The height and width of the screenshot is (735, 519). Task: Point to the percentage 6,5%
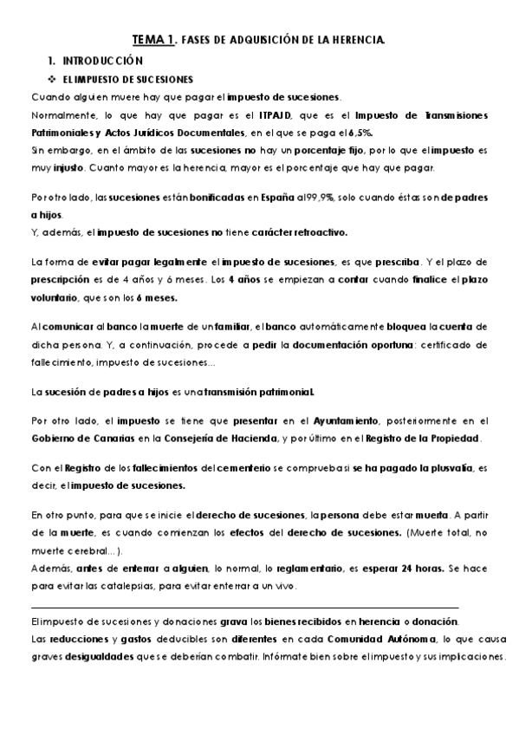tap(360, 133)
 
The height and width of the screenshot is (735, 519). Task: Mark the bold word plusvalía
tap(445, 470)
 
